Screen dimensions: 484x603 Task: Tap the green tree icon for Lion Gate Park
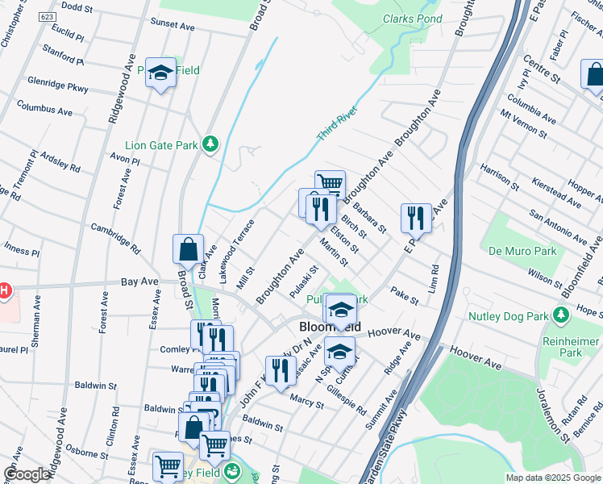210,144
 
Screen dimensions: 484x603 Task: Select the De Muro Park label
522,251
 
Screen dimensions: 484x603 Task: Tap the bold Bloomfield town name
330,328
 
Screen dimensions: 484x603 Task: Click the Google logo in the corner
27,474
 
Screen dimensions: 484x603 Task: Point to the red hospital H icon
4,290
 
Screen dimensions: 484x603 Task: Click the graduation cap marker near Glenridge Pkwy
160,73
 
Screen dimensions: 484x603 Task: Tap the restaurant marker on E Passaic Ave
416,216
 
